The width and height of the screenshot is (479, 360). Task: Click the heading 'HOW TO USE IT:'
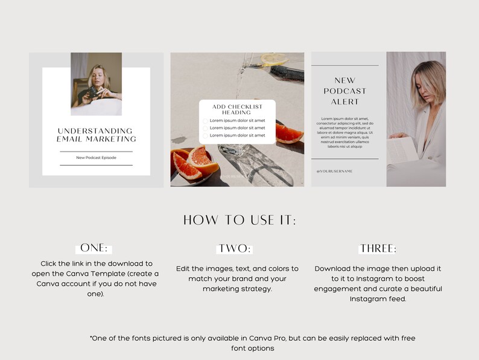coord(239,220)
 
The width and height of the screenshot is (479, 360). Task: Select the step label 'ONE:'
coord(94,248)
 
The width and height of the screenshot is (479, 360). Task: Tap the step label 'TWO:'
coord(233,249)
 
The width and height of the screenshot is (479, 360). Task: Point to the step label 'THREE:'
coord(378,249)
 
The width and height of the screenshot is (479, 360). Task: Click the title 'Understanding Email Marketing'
coord(96,135)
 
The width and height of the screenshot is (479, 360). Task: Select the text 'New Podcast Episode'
coord(96,158)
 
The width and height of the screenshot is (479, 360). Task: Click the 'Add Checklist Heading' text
coord(237,109)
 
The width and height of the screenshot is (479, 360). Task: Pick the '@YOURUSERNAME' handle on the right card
coord(334,171)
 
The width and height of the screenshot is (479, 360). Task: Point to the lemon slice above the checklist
coord(274,60)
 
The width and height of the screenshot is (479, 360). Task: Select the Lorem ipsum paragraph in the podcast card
coord(344,132)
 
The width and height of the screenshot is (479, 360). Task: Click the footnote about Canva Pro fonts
coord(252,343)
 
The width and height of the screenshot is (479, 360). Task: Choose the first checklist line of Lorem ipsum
coord(237,120)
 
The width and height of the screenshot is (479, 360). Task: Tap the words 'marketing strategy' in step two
coord(237,289)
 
